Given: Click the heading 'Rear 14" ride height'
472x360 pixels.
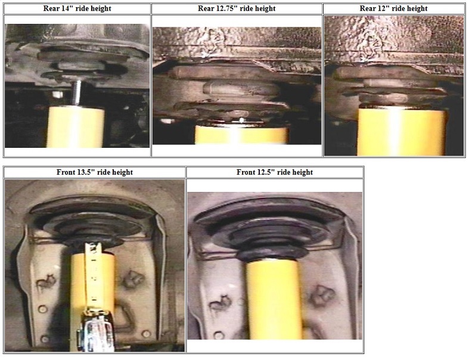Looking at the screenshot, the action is pyautogui.click(x=77, y=8).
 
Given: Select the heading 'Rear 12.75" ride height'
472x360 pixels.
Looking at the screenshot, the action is pyautogui.click(x=237, y=8).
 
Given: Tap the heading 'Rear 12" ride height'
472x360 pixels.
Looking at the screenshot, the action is pyautogui.click(x=393, y=8).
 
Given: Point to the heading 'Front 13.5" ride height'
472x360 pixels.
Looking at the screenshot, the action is pyautogui.click(x=95, y=172).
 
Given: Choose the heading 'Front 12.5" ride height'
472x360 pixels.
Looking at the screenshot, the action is pyautogui.click(x=275, y=172).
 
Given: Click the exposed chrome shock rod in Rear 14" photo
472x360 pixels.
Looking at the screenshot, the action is pyautogui.click(x=77, y=93).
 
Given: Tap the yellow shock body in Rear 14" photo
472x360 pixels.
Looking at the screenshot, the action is pyautogui.click(x=76, y=126).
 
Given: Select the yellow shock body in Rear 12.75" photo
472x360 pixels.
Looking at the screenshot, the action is pyautogui.click(x=241, y=135).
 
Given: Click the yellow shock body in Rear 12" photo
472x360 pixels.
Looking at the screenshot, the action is pyautogui.click(x=402, y=132).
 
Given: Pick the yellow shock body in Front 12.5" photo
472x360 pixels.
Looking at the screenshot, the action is pyautogui.click(x=275, y=299).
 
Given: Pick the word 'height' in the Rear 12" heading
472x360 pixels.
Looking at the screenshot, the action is pyautogui.click(x=417, y=9).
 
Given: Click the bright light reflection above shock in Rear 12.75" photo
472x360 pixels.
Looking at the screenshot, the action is pyautogui.click(x=241, y=120).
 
